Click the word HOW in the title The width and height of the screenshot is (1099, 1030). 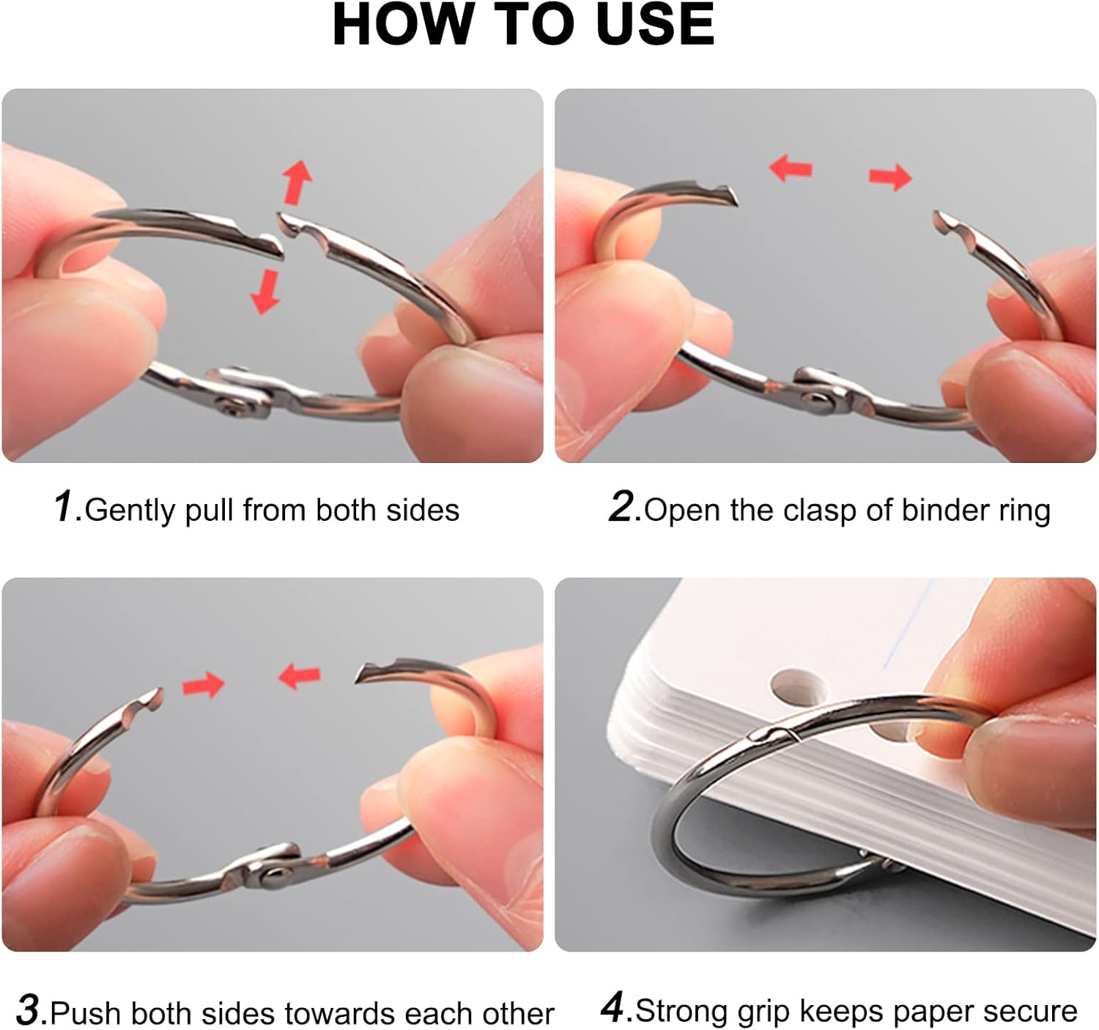(402, 25)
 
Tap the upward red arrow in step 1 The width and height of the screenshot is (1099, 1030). (297, 182)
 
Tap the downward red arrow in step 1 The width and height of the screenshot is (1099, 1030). (266, 292)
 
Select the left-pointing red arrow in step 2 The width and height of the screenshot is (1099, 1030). (791, 168)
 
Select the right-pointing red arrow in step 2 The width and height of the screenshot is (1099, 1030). (890, 177)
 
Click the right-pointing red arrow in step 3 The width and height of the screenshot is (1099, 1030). (204, 685)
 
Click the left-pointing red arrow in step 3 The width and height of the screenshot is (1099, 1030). (300, 676)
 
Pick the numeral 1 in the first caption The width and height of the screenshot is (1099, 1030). (64, 506)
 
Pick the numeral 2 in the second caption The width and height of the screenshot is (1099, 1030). (621, 506)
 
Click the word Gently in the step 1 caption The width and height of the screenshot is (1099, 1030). (130, 511)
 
